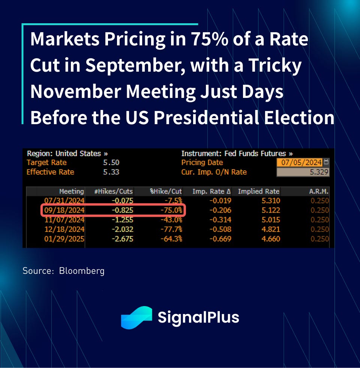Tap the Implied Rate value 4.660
[270, 239]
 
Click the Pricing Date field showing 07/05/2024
[300, 162]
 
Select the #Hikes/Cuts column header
[113, 191]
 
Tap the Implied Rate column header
[258, 191]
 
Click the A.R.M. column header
[319, 191]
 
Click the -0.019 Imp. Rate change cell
[221, 201]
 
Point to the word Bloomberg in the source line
[82, 271]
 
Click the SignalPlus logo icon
[136, 317]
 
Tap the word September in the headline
[132, 66]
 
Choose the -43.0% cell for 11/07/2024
[172, 220]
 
